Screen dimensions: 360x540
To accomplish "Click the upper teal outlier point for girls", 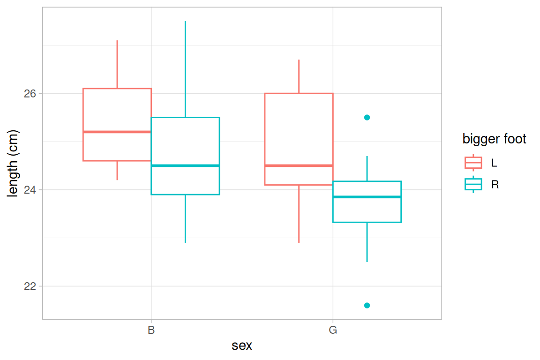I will pyautogui.click(x=367, y=117).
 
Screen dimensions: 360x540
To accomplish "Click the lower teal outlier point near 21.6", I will pyautogui.click(x=367, y=305).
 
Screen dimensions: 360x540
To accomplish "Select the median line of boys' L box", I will pyautogui.click(x=117, y=132).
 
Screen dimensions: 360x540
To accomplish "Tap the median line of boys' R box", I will pyautogui.click(x=185, y=165).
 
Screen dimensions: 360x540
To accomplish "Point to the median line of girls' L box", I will pyautogui.click(x=299, y=165).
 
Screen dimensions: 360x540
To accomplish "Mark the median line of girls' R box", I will pyautogui.click(x=367, y=197).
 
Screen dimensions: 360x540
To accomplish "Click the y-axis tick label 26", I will pyautogui.click(x=30, y=93).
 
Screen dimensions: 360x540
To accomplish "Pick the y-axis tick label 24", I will pyautogui.click(x=30, y=190).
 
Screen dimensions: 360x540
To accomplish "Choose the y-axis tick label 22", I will pyautogui.click(x=30, y=286).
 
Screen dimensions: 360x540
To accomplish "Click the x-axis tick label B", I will pyautogui.click(x=151, y=330).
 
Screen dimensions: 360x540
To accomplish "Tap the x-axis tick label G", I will pyautogui.click(x=333, y=330).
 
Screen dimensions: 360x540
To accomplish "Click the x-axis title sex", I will pyautogui.click(x=242, y=346).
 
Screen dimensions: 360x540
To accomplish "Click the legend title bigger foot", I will pyautogui.click(x=494, y=139).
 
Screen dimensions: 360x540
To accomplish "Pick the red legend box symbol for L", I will pyautogui.click(x=473, y=163).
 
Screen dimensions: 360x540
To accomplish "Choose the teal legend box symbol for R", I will pyautogui.click(x=473, y=185).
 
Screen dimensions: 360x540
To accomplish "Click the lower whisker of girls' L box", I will pyautogui.click(x=299, y=214).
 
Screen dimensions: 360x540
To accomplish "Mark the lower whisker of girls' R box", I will pyautogui.click(x=367, y=242).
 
